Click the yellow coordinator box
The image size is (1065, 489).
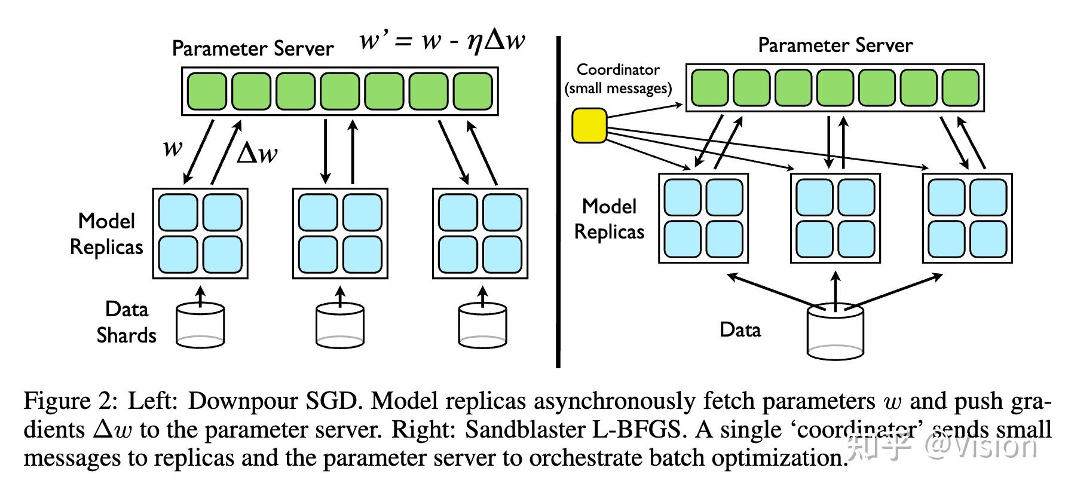point(589,126)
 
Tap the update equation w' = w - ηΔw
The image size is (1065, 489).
point(442,41)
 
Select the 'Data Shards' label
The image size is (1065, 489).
point(126,322)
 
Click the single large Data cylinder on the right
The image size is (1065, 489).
point(835,331)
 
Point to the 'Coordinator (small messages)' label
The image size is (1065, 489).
point(618,79)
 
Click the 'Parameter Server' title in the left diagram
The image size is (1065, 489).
point(252,48)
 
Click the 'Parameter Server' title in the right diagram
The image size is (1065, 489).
point(835,45)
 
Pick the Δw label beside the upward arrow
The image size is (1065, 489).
point(257,154)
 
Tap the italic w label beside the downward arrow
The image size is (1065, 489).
point(172,147)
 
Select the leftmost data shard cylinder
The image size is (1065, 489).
point(200,326)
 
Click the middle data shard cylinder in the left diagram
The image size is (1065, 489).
point(340,326)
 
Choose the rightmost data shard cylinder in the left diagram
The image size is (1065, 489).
point(482,326)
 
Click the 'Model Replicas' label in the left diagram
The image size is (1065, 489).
point(106,234)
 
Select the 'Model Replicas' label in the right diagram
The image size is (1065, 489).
point(609,219)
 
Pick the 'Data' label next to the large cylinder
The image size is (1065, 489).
point(740,329)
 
